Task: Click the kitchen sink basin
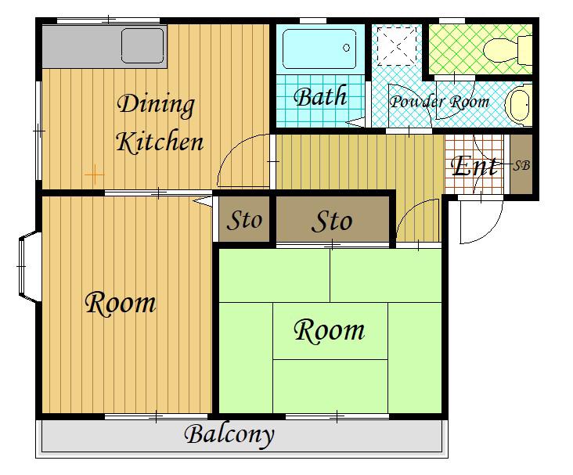(142, 45)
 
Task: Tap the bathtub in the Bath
(319, 49)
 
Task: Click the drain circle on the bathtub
(347, 48)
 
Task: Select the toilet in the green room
(508, 49)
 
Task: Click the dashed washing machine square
(397, 45)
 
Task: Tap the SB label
(521, 166)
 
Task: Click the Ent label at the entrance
(474, 166)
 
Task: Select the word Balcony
(229, 435)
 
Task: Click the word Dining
(156, 105)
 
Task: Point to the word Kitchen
(160, 141)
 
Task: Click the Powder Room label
(439, 102)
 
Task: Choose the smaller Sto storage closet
(244, 219)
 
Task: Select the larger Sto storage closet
(333, 219)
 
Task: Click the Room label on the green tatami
(329, 331)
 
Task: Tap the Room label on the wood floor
(121, 303)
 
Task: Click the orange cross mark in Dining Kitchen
(94, 175)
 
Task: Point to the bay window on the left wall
(30, 267)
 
